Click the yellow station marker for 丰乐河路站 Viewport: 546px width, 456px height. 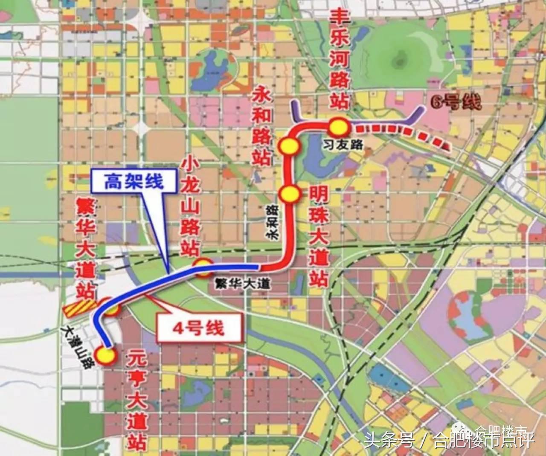(338, 127)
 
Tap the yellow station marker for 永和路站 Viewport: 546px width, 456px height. (290, 146)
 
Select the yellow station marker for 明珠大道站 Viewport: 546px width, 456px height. (290, 194)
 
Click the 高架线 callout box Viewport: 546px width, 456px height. (134, 182)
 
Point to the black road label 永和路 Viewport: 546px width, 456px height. (272, 222)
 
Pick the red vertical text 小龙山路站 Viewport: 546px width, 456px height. (190, 206)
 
